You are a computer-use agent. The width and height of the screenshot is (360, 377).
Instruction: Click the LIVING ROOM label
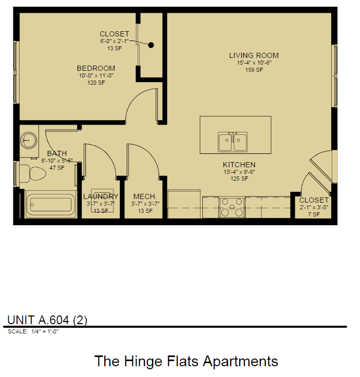(254, 55)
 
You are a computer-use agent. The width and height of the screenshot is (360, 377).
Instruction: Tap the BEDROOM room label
(96, 68)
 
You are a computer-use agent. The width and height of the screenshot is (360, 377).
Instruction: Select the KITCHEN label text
(239, 165)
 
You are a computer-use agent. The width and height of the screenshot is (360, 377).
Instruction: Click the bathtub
(50, 205)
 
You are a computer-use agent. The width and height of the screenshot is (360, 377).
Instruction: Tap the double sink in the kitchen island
(233, 142)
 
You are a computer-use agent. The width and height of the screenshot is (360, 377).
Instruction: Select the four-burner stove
(232, 207)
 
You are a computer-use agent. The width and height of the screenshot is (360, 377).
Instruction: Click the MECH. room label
(145, 196)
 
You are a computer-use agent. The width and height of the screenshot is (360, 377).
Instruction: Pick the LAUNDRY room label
(101, 196)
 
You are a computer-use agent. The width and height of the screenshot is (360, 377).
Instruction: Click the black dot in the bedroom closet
(151, 45)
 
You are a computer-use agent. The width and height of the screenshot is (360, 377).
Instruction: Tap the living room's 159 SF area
(254, 70)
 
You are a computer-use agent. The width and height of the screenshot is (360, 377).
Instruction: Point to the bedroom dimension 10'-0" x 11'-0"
(96, 75)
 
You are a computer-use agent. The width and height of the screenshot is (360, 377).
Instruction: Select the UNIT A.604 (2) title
(47, 320)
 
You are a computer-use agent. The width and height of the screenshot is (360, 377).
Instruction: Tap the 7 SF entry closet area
(313, 214)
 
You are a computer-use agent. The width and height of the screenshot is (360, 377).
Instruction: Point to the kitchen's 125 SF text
(239, 178)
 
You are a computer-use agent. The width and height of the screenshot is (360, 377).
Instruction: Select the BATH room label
(56, 153)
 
